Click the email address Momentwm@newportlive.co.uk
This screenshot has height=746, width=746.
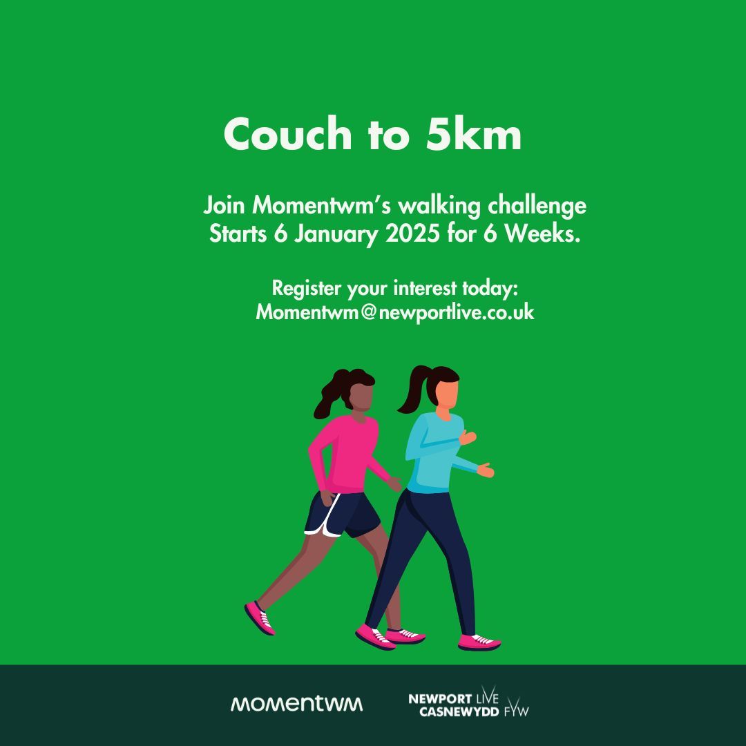click(x=395, y=312)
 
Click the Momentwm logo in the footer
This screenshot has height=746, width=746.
click(x=296, y=704)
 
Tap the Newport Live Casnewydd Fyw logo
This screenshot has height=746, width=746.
click(x=468, y=705)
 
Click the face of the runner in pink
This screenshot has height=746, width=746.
click(x=361, y=395)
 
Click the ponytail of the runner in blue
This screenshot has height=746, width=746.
click(x=413, y=390)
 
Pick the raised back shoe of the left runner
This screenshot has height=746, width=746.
click(x=260, y=618)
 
